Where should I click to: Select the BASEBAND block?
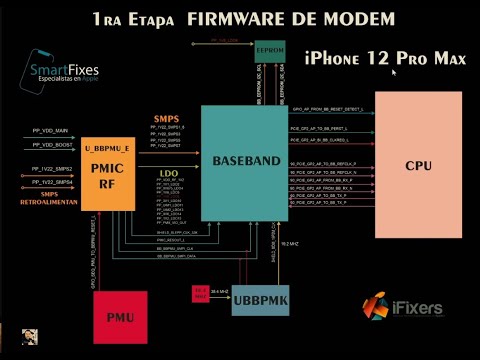[x=244, y=161]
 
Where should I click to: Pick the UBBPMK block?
[x=259, y=300]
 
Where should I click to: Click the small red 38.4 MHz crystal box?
[x=200, y=294]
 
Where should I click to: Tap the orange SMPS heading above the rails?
[x=166, y=119]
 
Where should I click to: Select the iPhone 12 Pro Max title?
[x=385, y=59]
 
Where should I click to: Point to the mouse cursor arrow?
[x=395, y=73]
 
